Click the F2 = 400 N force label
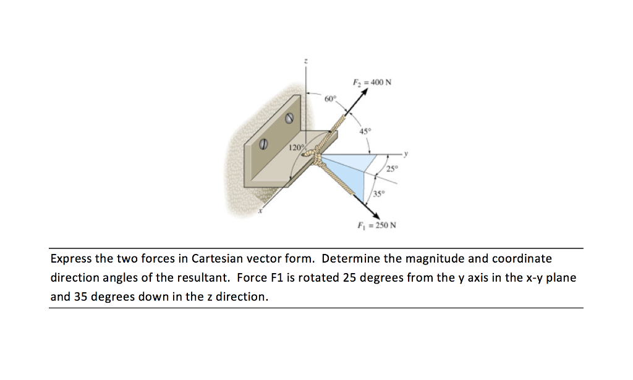tap(372, 83)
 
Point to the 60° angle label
tap(331, 99)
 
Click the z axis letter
tap(305, 61)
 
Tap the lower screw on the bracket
tap(262, 143)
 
